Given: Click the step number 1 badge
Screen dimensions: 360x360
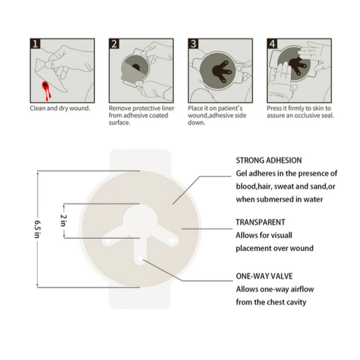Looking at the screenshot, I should [x=35, y=44].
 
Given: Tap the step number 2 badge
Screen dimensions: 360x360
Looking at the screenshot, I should [x=114, y=44].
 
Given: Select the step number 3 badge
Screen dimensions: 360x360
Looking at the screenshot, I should [x=193, y=44].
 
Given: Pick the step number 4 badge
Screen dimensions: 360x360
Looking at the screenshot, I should [x=272, y=44].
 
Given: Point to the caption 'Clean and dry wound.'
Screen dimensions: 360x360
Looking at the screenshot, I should [x=60, y=109].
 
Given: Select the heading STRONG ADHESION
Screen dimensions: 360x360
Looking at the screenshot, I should [x=269, y=160].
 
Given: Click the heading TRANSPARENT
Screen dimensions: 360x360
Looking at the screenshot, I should [x=260, y=222].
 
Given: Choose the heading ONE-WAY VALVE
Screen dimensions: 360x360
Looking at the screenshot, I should [x=264, y=276].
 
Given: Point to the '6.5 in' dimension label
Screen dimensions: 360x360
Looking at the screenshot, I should [x=38, y=229].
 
